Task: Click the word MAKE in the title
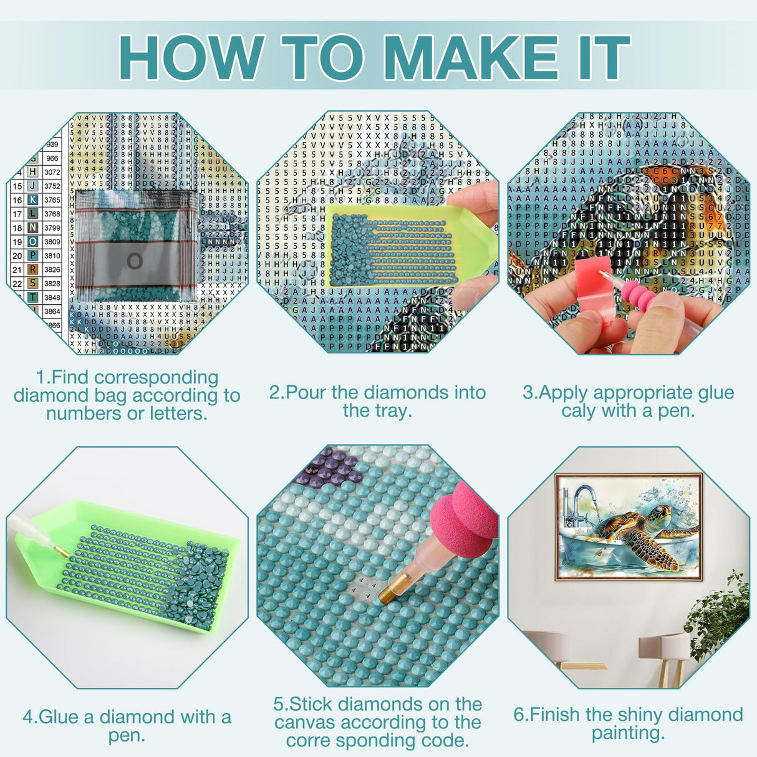pyautogui.click(x=473, y=58)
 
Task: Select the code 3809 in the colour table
pyautogui.click(x=52, y=242)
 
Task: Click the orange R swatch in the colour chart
pyautogui.click(x=32, y=269)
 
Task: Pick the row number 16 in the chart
pyautogui.click(x=17, y=200)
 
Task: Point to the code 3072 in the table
pyautogui.click(x=52, y=172)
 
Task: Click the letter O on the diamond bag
pyautogui.click(x=135, y=262)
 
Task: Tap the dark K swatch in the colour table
pyautogui.click(x=32, y=200)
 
